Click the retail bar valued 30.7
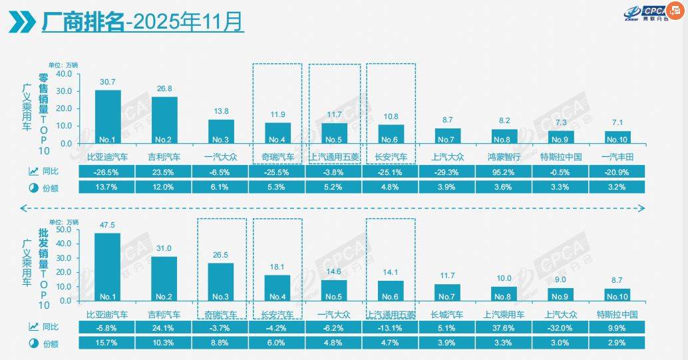pos(108,116)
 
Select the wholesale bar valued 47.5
pos(108,266)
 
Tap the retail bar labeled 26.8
pos(164,120)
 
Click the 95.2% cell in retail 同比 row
pos(504,172)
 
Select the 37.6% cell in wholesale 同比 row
pos(504,327)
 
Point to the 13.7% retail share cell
pos(107,188)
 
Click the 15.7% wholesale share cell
pos(107,343)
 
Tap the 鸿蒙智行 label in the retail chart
pos(504,158)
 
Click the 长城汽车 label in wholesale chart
pos(447,313)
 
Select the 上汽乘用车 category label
pos(504,313)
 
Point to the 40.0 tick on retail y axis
pos(63,74)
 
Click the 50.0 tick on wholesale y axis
pos(63,230)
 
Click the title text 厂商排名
pos(83,23)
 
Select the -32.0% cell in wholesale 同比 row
pos(561,327)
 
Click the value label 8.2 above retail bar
pos(504,122)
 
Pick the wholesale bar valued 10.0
pos(504,293)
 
